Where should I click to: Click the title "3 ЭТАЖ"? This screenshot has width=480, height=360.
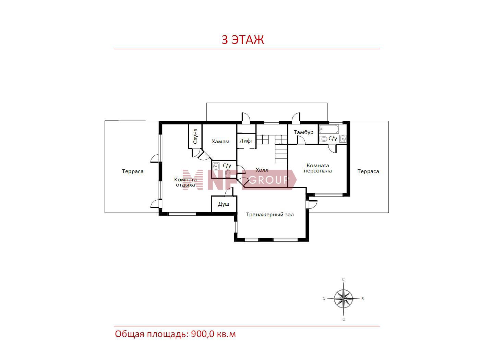pos(242,39)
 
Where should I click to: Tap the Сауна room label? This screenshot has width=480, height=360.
pos(195,136)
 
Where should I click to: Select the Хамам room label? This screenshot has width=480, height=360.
pos(220,142)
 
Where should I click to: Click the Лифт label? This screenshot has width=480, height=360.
pos(246,141)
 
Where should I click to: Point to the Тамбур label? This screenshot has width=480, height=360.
pos(303,132)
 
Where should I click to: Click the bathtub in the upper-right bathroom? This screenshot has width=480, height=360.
pos(329,129)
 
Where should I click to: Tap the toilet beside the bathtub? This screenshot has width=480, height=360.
pos(323,139)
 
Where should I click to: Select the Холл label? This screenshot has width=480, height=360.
pos(262,170)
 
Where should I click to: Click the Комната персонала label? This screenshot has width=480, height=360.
pos(317,168)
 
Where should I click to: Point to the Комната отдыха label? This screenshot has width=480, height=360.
pos(185,182)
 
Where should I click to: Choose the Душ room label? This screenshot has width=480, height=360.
pos(224,204)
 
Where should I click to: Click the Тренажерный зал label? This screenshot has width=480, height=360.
pos(269,215)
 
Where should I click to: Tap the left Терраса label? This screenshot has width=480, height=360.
pos(133,171)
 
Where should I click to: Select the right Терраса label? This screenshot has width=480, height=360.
pos(368,171)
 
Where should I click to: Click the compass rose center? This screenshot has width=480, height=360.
pos(343,298)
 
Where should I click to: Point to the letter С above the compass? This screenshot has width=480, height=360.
pos(343,279)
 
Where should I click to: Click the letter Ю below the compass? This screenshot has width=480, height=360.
pos(343,319)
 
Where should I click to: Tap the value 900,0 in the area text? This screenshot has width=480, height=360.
pos(203,334)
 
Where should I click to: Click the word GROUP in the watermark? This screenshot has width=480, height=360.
pos(268,180)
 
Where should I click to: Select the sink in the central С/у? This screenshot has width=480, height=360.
pos(216,166)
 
